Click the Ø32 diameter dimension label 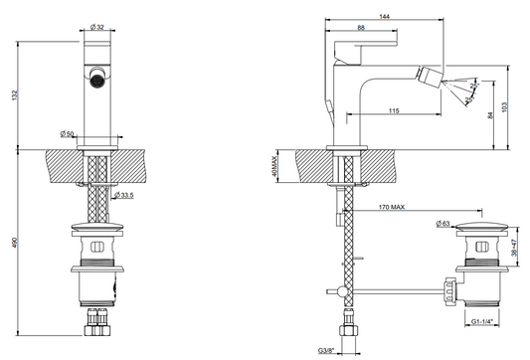[97, 28]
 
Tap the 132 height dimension [14, 95]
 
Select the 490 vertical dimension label [14, 243]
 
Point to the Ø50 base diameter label [67, 134]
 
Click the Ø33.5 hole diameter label [124, 195]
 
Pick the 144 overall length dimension [384, 16]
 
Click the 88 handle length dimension [361, 28]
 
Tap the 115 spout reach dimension [394, 110]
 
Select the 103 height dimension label [505, 107]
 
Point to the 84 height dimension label [491, 115]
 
